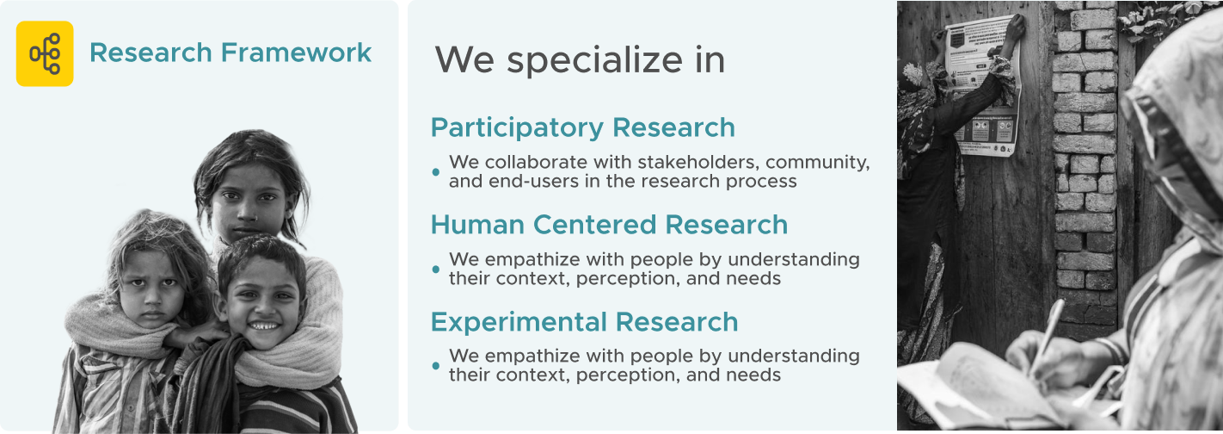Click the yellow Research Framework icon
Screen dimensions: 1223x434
(45, 53)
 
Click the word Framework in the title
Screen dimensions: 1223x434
(296, 53)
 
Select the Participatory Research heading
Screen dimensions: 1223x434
(582, 127)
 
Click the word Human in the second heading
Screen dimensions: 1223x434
(477, 225)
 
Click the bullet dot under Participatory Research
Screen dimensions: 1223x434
(436, 172)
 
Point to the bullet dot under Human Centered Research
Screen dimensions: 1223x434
(436, 269)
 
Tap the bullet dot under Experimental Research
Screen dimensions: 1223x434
(436, 366)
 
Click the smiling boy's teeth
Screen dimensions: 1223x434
(263, 326)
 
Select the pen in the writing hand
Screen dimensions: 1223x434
(1048, 332)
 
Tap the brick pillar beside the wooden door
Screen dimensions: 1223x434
(1085, 158)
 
